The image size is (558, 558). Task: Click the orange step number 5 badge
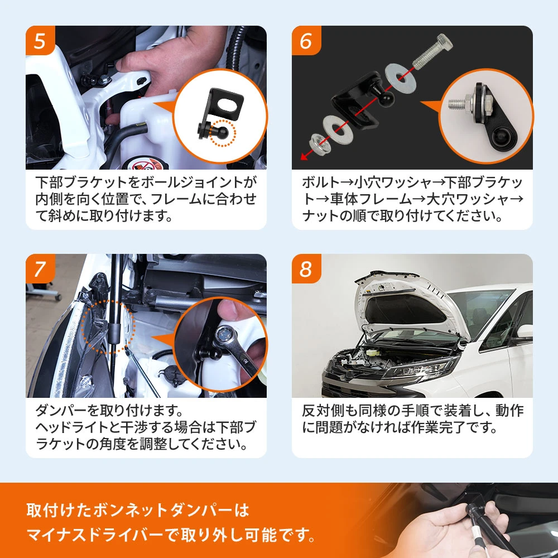pos(40,41)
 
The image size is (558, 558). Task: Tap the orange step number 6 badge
pos(306,41)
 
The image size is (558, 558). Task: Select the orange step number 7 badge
pos(40,269)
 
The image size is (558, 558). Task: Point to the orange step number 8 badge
pos(306,269)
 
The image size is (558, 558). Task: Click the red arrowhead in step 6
pos(304,156)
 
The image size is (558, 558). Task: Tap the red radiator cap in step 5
pos(143,165)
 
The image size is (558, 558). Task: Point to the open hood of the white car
pos(406,302)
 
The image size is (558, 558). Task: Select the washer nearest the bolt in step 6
pos(400,78)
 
